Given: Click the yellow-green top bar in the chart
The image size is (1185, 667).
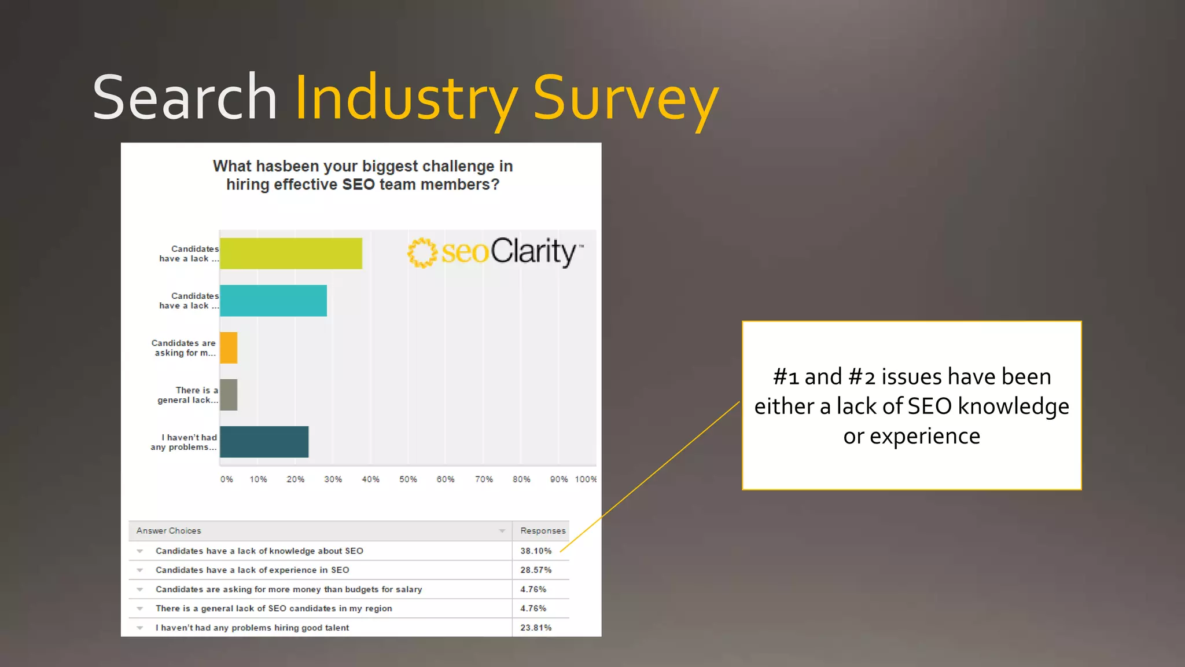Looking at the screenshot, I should (291, 254).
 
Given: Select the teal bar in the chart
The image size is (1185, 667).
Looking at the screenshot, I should (273, 300).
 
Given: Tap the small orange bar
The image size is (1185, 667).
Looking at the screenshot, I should (229, 348).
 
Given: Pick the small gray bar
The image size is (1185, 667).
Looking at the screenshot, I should (229, 395).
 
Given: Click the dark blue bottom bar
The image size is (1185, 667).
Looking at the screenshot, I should (264, 442).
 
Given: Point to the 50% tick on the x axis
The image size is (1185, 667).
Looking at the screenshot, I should (408, 479).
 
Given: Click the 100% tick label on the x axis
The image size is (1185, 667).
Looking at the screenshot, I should (586, 479).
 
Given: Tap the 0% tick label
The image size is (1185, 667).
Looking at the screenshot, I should (226, 479).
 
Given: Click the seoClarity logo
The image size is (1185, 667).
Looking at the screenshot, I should (495, 252).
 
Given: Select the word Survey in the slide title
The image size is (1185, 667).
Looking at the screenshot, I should (625, 98).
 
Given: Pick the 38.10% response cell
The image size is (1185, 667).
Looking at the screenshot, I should (536, 551).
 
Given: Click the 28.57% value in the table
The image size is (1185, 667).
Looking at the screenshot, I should (536, 570).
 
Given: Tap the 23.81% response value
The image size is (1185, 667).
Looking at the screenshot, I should (536, 628).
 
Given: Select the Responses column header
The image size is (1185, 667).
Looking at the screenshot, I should (543, 531).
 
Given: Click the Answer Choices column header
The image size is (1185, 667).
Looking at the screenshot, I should (169, 531).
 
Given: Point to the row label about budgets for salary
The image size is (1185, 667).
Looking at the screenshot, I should (289, 589).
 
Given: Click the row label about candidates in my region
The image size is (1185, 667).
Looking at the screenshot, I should (274, 609).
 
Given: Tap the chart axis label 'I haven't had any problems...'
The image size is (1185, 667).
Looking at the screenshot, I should (184, 442).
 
